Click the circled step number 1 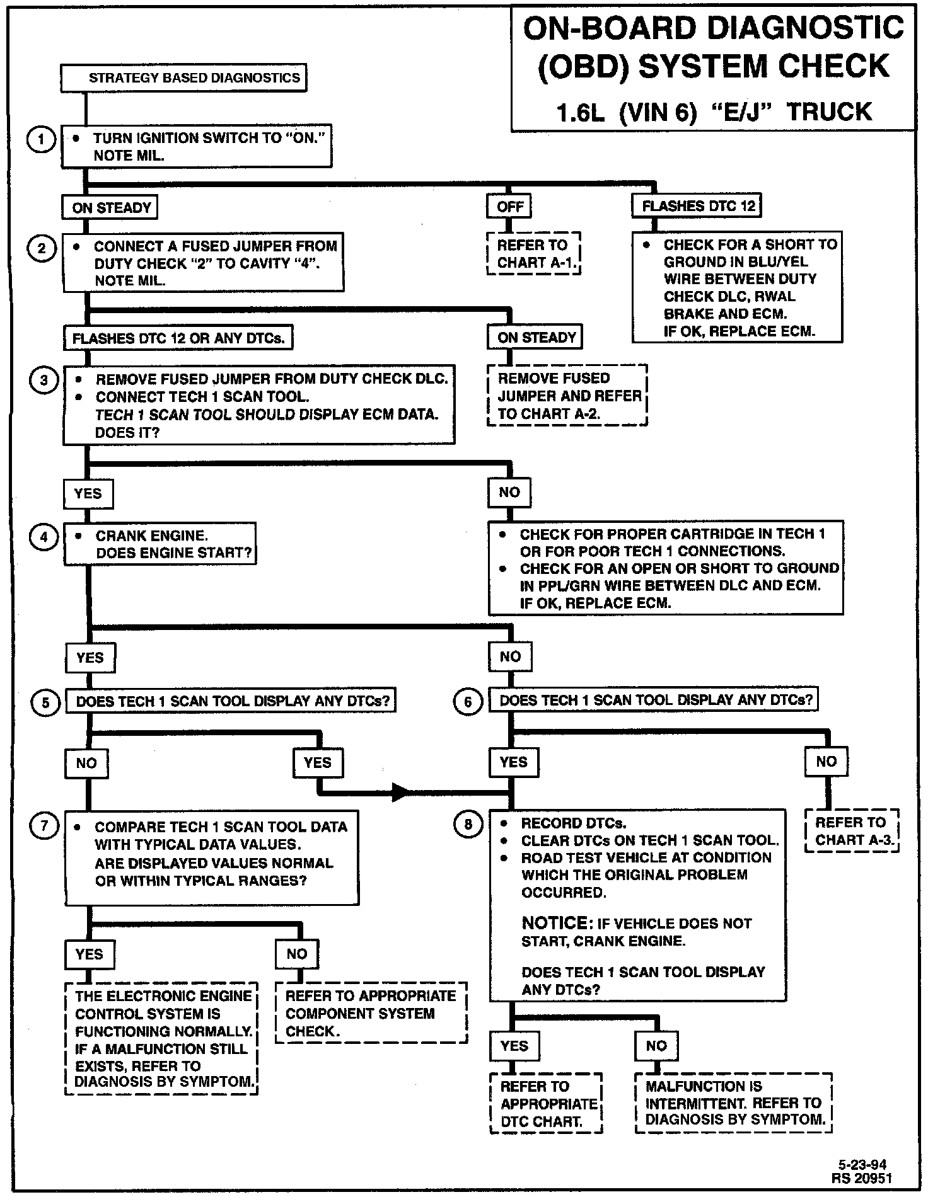(41, 139)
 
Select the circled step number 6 (468, 701)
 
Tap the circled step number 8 (468, 825)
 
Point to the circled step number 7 (45, 826)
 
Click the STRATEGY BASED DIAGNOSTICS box (183, 78)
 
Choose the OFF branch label (510, 207)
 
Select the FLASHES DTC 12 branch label (698, 207)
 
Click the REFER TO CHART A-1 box (534, 254)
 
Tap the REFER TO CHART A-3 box (851, 831)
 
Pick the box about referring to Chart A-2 (568, 396)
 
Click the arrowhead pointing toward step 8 (401, 791)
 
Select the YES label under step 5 (317, 763)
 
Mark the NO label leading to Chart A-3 (826, 762)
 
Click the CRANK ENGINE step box (160, 544)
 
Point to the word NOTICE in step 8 (555, 923)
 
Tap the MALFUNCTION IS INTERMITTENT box (734, 1103)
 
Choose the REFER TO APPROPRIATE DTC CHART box (547, 1104)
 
